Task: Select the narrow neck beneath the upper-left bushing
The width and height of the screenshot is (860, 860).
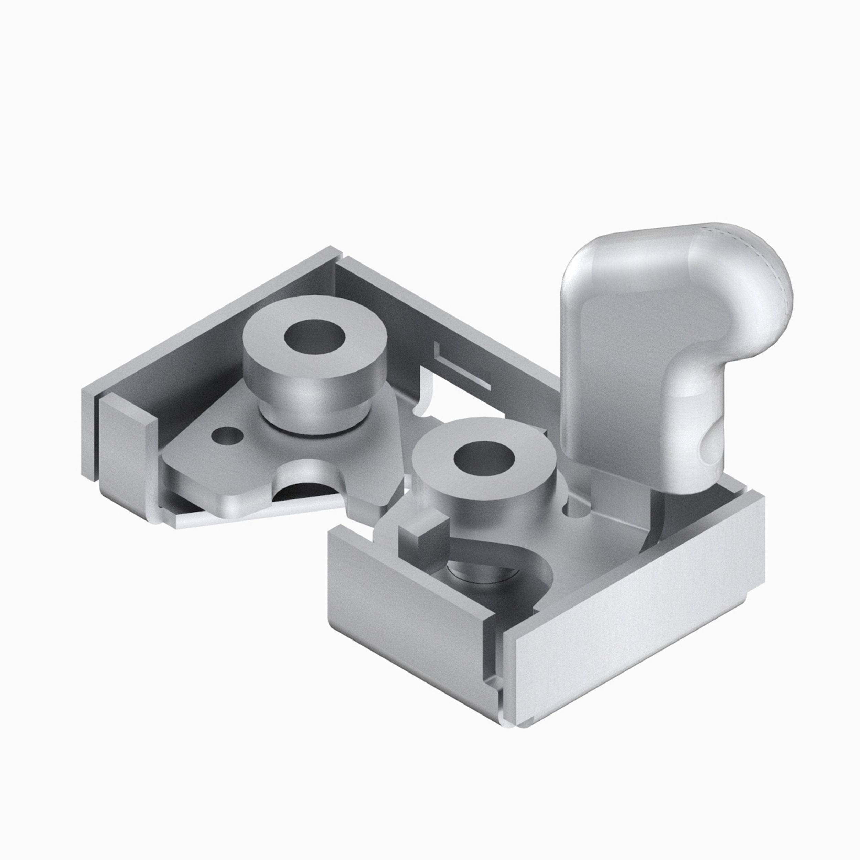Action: [312, 414]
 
